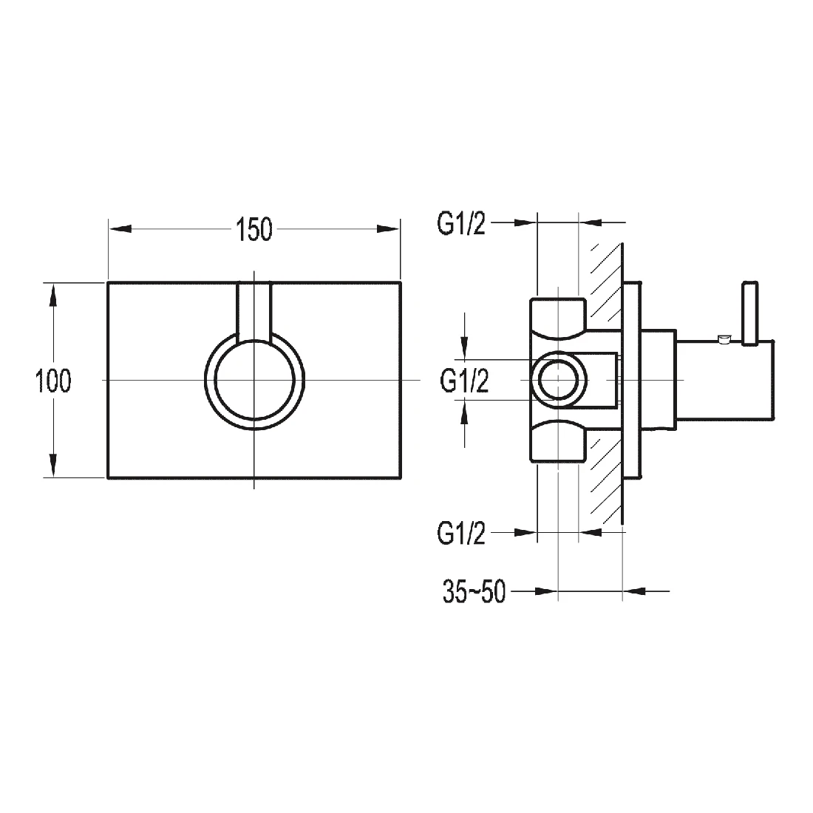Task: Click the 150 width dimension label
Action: click(x=254, y=230)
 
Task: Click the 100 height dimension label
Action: click(x=53, y=381)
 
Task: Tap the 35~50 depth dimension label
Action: click(x=474, y=591)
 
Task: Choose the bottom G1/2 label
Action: click(x=461, y=533)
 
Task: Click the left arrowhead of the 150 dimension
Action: click(x=120, y=228)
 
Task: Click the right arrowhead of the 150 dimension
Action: click(x=388, y=228)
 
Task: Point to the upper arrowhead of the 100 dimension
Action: click(x=53, y=296)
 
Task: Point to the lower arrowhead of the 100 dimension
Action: click(x=53, y=465)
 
